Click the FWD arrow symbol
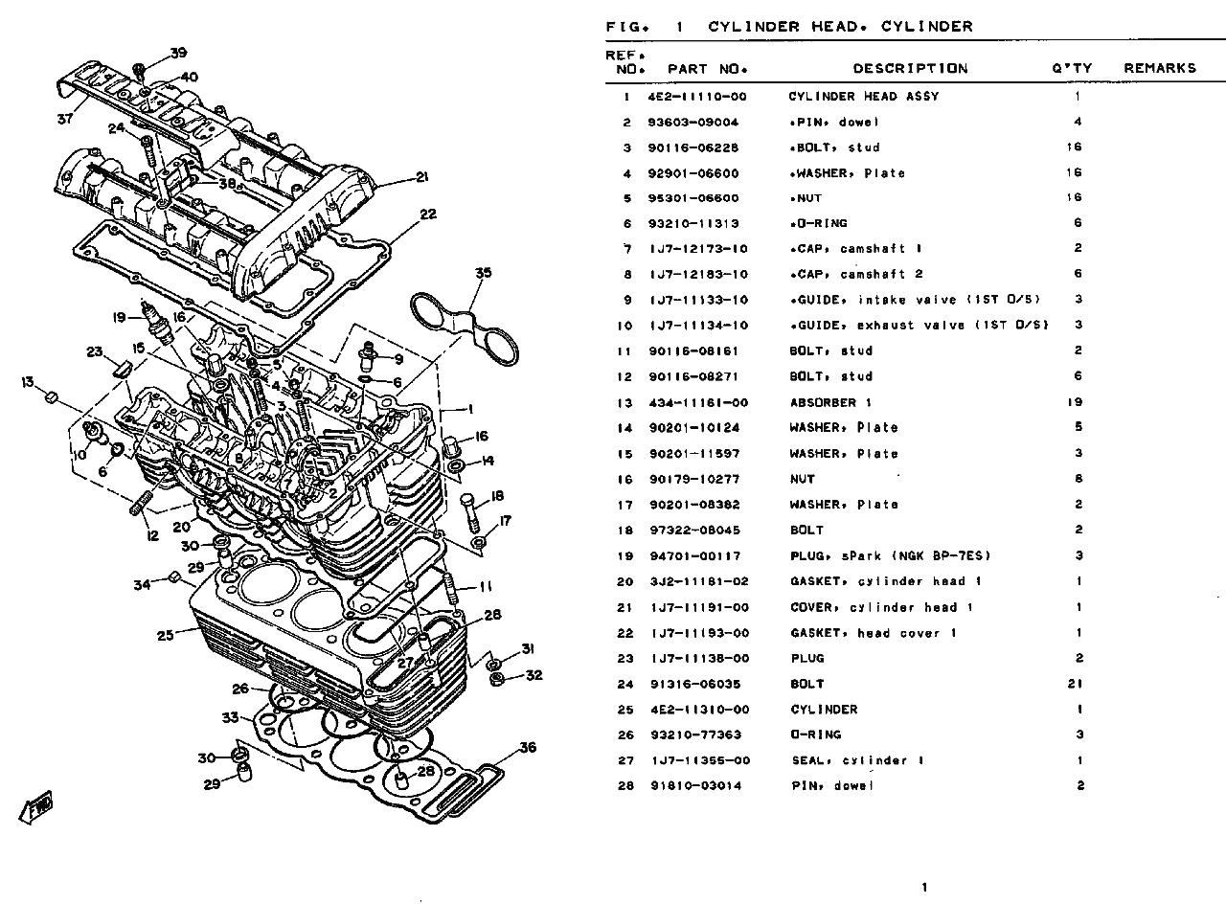tap(36, 807)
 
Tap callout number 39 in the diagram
tap(178, 53)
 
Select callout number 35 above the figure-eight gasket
tap(484, 273)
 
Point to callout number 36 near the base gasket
tap(528, 748)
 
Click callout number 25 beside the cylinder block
tap(166, 635)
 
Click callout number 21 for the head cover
tap(422, 177)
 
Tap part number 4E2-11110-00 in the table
tap(696, 97)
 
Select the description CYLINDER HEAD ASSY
tap(864, 97)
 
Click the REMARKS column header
tap(1160, 68)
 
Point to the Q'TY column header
tap(1072, 68)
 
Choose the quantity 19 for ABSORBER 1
tap(1075, 402)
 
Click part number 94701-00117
tap(695, 556)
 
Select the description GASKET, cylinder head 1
tap(886, 581)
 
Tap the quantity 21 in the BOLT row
tap(1075, 684)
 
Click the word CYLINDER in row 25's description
tap(825, 710)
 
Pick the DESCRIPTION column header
tap(910, 68)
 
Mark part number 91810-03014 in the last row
tap(696, 786)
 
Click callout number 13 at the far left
tap(28, 382)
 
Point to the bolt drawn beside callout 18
tap(470, 512)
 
